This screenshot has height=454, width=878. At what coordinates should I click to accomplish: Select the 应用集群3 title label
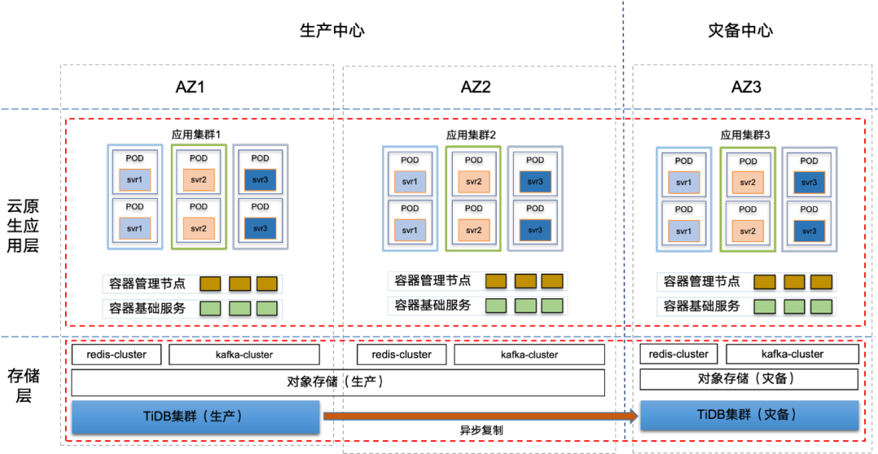[x=745, y=135]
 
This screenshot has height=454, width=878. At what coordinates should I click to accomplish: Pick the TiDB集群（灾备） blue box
[x=750, y=414]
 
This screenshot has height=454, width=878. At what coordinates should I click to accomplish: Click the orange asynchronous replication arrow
[x=480, y=417]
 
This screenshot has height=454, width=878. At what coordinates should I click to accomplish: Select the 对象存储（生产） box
[x=337, y=382]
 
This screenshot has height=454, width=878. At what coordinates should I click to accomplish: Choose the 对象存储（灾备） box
[x=749, y=379]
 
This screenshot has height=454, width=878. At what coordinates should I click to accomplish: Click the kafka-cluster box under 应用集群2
[x=529, y=355]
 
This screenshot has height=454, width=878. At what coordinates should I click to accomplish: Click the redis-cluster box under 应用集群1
[x=116, y=355]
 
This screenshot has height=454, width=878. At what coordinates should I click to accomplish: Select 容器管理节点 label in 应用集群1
[x=147, y=283]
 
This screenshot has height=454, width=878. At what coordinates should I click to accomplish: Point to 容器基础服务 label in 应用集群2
[x=432, y=305]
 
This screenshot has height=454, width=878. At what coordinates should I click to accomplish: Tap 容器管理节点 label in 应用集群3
[x=702, y=282]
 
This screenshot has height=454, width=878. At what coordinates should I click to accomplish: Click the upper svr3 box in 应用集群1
[x=260, y=179]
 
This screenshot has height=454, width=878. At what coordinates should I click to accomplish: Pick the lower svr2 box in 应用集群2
[x=473, y=230]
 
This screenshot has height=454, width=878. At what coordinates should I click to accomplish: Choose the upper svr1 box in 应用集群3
[x=684, y=183]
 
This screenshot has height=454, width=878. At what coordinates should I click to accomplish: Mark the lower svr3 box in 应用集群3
[x=809, y=231]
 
